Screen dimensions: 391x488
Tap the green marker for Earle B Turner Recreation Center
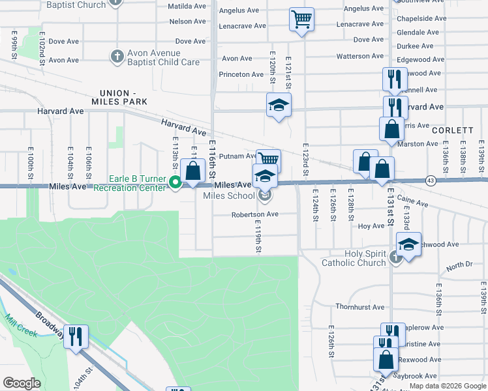tap(175, 183)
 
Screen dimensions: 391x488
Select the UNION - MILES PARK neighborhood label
tap(123, 97)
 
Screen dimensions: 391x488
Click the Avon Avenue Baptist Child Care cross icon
tap(117, 57)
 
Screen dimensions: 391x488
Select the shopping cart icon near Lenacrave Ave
tap(301, 19)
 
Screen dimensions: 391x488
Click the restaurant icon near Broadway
tap(76, 336)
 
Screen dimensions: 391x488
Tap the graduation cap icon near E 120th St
tap(279, 104)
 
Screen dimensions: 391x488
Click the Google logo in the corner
tap(22, 383)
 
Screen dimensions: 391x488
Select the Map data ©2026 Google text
tap(448, 386)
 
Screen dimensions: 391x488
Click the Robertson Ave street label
tap(254, 214)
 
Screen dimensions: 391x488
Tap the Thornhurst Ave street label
tap(359, 306)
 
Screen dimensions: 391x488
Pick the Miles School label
tap(229, 195)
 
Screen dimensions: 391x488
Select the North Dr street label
tap(459, 265)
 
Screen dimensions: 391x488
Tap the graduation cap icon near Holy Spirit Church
tap(408, 245)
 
